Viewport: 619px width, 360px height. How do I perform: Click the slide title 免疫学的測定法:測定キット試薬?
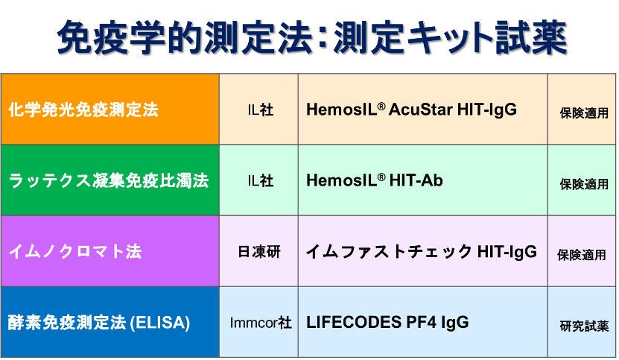pos(312,37)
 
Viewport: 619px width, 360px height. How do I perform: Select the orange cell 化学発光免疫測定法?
pos(110,109)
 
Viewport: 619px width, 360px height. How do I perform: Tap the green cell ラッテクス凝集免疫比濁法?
pos(110,180)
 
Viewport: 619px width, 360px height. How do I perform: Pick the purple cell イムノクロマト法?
pos(110,251)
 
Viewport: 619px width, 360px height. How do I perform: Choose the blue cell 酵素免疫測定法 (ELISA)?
pos(110,322)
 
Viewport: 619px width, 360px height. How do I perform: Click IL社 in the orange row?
pos(261,110)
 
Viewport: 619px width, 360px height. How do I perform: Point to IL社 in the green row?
pos(261,181)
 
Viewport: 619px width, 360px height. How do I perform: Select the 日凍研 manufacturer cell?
pos(259,252)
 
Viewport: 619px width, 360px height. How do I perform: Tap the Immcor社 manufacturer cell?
pos(261,323)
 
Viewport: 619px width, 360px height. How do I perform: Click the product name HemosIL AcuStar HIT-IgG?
pos(411,110)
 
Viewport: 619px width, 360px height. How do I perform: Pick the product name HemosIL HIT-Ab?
pos(375,180)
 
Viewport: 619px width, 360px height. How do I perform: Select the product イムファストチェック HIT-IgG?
pos(422,252)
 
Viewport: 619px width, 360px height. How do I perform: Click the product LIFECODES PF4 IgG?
pos(387,323)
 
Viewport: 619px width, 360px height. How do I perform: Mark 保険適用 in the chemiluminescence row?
pos(584,113)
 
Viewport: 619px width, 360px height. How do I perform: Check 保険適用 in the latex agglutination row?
pos(584,184)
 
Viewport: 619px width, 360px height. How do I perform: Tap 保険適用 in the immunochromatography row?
pos(582,256)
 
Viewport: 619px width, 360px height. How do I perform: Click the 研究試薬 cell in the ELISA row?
pos(584,326)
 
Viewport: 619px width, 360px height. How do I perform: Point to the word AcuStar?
pos(420,110)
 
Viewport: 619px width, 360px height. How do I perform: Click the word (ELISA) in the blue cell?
pos(159,323)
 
